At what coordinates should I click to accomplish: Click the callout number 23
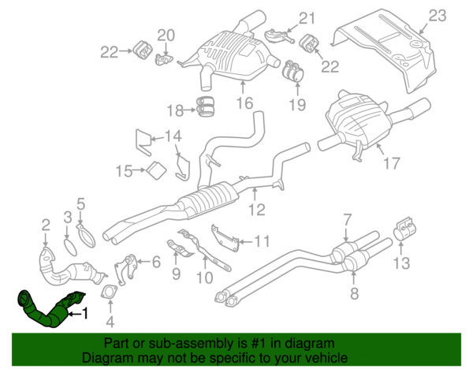coord(437,14)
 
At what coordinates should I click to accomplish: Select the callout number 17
coord(391,165)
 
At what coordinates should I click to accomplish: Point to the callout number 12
coord(257,210)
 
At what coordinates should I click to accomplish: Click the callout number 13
coord(402,262)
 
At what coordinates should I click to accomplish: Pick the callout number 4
coord(110,321)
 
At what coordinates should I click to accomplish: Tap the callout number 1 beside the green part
coord(87,315)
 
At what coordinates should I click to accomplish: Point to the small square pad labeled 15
coord(155,169)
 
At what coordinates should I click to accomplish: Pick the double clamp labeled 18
coord(208,105)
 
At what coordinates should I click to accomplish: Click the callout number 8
coord(354,294)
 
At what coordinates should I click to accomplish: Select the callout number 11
coord(262,241)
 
